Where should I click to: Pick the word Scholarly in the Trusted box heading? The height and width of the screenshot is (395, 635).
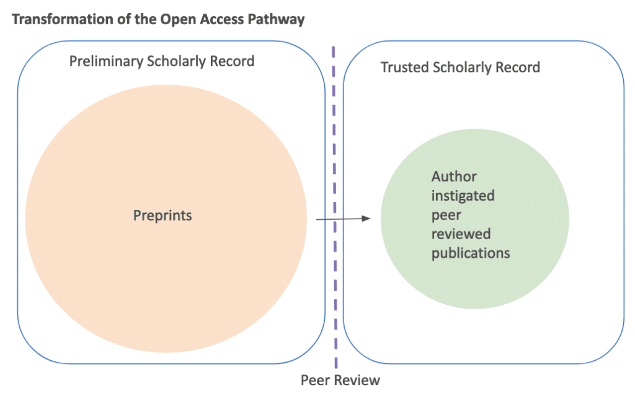[466, 67]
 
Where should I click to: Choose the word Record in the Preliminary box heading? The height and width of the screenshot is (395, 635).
[231, 61]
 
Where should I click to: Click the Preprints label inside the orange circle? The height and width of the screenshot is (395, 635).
[162, 216]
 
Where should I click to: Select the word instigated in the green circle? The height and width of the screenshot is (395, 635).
[463, 196]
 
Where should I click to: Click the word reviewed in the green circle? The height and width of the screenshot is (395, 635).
[461, 234]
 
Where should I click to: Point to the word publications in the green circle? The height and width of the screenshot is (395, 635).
[471, 253]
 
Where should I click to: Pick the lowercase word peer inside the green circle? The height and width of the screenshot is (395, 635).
[445, 215]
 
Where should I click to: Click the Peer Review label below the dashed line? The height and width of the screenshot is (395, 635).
[340, 380]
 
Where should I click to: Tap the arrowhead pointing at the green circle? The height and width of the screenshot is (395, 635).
[367, 218]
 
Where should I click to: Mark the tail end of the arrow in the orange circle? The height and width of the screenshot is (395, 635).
[317, 219]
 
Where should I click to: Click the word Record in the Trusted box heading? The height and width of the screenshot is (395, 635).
[520, 67]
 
